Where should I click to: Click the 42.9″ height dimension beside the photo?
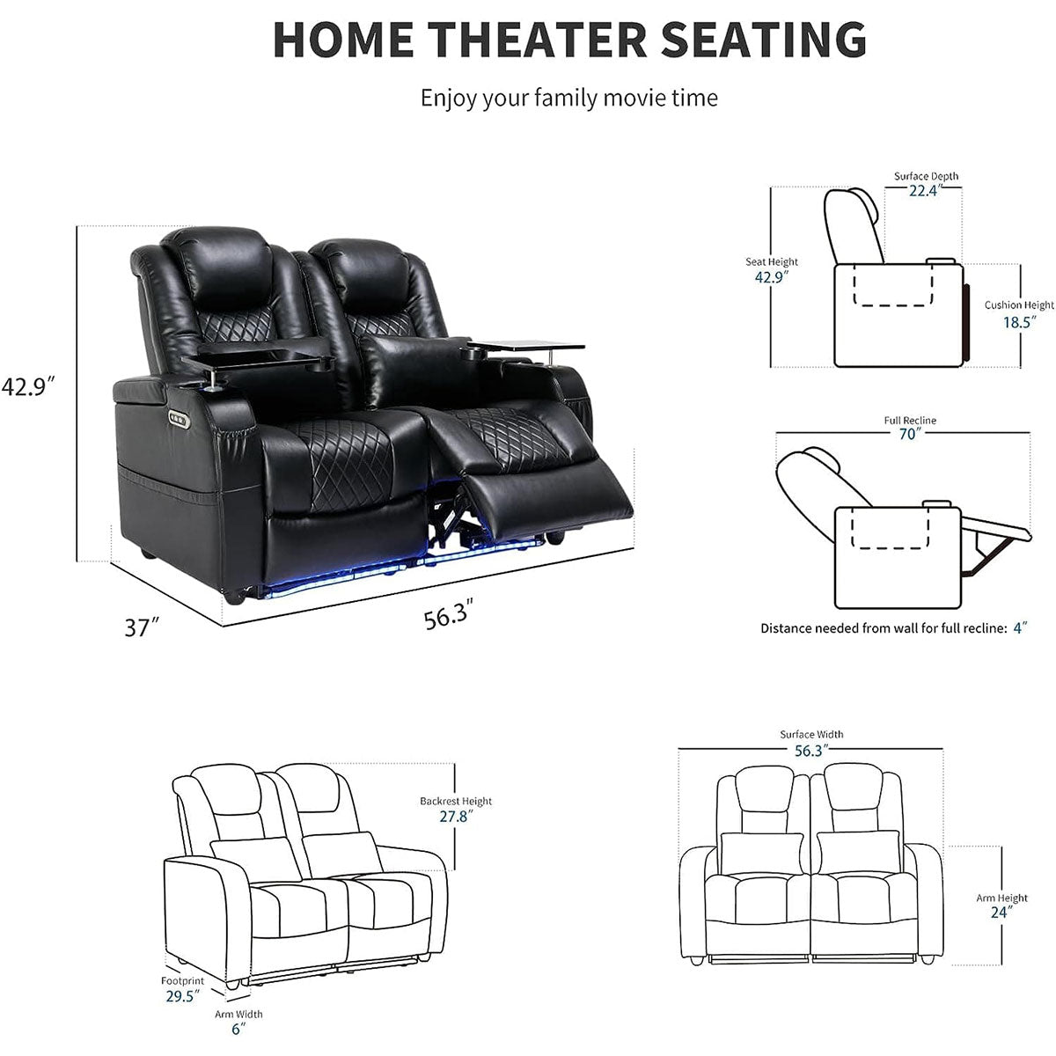(x=28, y=386)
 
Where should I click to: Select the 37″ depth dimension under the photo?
(x=143, y=627)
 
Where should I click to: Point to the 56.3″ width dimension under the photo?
(x=448, y=614)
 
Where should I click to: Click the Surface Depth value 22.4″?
(x=925, y=190)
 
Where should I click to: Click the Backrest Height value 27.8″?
(x=456, y=816)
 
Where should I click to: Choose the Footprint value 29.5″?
(x=182, y=995)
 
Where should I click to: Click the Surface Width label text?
(x=811, y=734)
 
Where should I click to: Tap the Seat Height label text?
(x=772, y=262)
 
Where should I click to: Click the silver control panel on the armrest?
(x=179, y=419)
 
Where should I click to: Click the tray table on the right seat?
(x=526, y=346)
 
